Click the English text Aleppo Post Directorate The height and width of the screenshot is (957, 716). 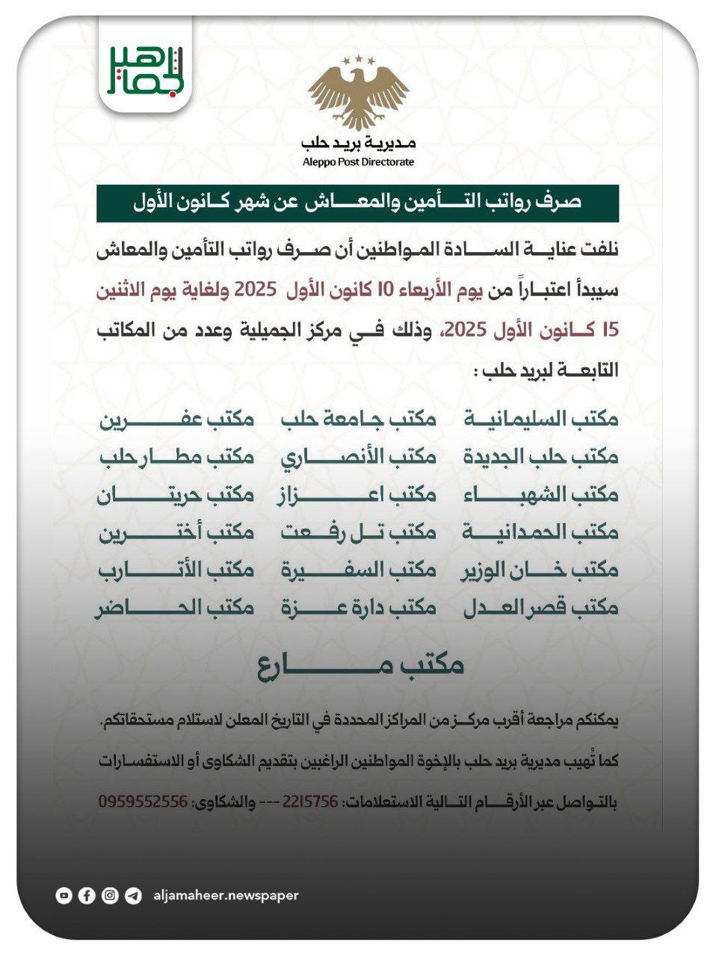tap(358, 162)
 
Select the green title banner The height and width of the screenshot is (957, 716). tap(357, 203)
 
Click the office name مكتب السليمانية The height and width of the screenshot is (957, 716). tap(540, 419)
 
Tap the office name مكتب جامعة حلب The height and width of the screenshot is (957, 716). tap(358, 419)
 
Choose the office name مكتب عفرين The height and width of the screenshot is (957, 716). tap(176, 419)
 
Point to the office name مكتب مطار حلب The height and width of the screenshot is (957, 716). tap(176, 456)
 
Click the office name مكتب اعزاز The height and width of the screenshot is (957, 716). tap(358, 494)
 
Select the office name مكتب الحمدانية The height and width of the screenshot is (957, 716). tap(540, 532)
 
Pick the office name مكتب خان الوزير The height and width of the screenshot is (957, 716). tap(540, 570)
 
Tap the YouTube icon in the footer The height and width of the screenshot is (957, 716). tap(64, 895)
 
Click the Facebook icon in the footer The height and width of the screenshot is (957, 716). tap(87, 895)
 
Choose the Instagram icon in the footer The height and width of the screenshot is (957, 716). tap(110, 895)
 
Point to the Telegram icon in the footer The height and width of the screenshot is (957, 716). tap(133, 895)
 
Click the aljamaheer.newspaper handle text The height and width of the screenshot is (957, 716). tap(226, 895)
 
